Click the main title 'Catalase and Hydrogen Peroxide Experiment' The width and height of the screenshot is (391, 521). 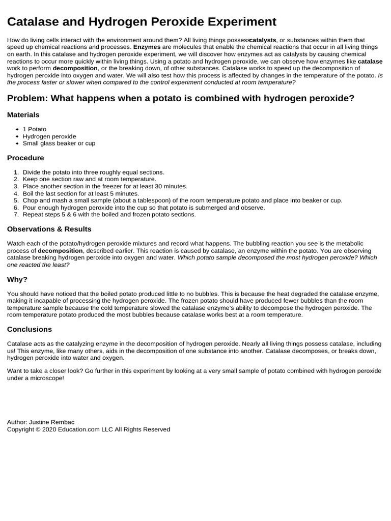(142, 21)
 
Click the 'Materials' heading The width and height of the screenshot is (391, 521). (23, 115)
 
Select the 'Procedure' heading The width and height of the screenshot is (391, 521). (25, 158)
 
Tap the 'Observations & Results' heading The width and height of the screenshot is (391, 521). (49, 229)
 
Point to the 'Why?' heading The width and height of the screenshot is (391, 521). (17, 279)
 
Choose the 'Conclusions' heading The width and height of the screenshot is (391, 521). (30, 329)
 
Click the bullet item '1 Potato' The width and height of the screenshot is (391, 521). (34, 129)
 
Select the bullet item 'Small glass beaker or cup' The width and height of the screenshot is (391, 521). (59, 143)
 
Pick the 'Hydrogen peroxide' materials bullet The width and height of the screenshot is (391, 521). (49, 136)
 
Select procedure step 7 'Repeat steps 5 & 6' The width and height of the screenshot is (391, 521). (109, 215)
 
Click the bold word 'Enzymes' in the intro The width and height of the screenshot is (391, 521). (147, 47)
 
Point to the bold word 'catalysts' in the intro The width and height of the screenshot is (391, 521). (263, 40)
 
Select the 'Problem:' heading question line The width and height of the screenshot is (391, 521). (181, 98)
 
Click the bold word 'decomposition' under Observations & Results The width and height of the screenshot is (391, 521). (60, 251)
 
